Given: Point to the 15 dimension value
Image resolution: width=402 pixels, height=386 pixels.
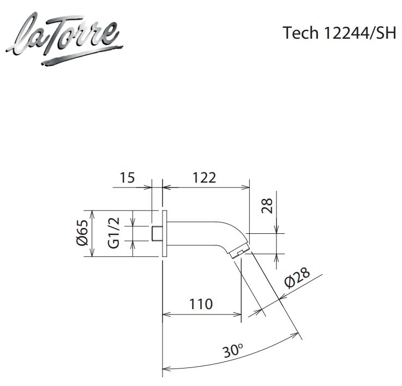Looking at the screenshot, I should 127,178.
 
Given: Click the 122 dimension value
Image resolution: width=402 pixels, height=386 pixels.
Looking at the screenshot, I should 205,178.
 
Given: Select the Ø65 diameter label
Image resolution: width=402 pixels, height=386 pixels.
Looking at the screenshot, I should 83,233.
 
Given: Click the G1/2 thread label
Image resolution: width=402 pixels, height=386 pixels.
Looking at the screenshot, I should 113,233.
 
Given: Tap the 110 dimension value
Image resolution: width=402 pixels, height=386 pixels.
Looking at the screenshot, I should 201,304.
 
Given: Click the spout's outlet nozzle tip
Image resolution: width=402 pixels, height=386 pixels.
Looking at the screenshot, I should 240,253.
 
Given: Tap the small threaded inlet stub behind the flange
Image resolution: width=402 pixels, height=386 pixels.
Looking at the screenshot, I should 155,233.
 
